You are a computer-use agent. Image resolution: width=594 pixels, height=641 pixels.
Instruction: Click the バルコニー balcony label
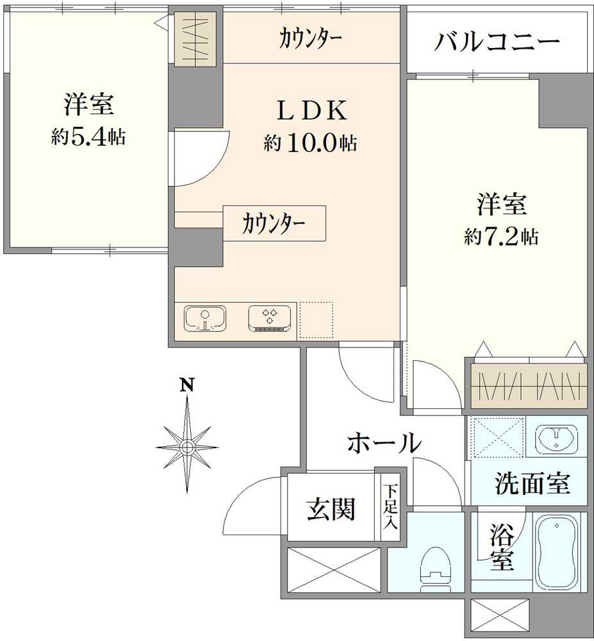pyautogui.click(x=497, y=44)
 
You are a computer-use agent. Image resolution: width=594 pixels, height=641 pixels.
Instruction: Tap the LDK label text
pyautogui.click(x=311, y=112)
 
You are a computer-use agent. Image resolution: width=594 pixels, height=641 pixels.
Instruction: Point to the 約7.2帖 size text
pyautogui.click(x=501, y=237)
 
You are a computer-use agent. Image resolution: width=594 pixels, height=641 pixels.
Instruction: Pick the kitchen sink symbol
pyautogui.click(x=205, y=319)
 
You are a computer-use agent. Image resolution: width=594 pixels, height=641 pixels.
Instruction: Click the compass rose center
pyautogui.click(x=186, y=446)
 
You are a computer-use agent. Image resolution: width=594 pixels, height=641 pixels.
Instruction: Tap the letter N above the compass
pyautogui.click(x=186, y=385)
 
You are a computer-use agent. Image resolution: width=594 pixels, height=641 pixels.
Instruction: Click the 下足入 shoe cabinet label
pyautogui.click(x=390, y=506)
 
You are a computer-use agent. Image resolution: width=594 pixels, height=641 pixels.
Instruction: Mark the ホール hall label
pyautogui.click(x=384, y=442)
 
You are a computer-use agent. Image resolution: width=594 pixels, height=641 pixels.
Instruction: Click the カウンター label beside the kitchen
pyautogui.click(x=274, y=224)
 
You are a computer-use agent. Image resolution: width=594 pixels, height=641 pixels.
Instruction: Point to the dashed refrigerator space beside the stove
pyautogui.click(x=316, y=319)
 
